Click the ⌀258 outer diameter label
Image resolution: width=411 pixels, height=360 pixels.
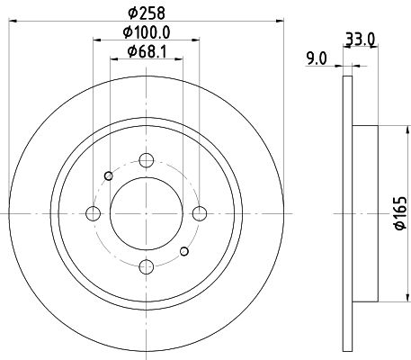click(147, 13)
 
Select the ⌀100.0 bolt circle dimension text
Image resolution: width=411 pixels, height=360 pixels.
click(147, 32)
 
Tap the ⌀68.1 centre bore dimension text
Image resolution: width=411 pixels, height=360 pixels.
click(147, 51)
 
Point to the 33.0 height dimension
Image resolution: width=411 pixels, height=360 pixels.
click(360, 39)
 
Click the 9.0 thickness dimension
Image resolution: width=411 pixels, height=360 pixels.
click(316, 58)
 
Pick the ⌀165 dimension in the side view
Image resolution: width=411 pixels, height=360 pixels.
click(401, 213)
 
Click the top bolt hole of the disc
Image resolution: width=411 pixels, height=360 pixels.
click(147, 160)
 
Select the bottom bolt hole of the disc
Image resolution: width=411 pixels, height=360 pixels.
click(147, 266)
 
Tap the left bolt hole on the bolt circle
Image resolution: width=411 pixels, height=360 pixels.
click(93, 213)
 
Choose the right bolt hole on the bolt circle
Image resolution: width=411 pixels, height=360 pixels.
click(200, 213)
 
